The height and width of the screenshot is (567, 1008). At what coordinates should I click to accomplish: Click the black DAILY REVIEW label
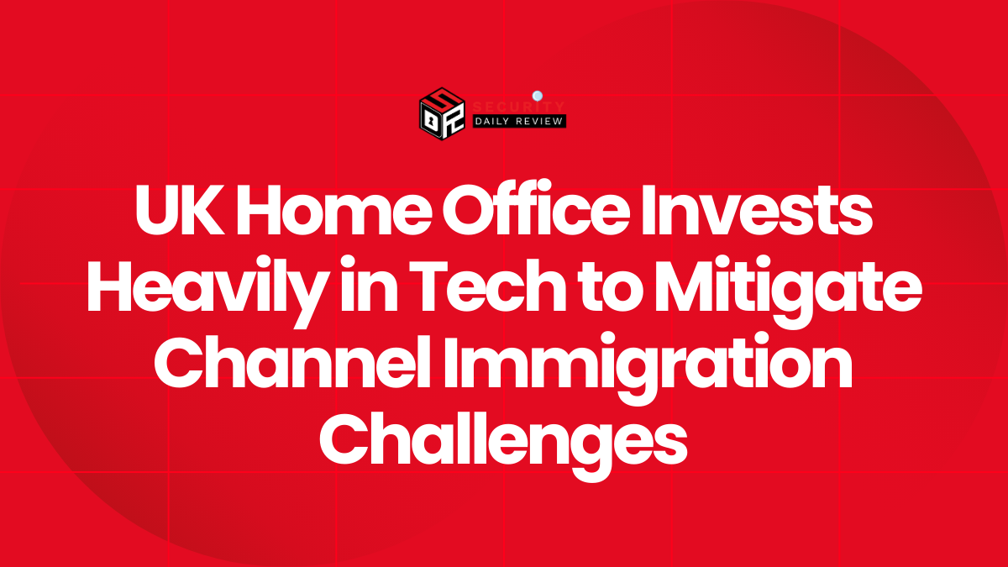519,121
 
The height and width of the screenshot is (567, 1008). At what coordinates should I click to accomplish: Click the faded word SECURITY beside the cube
519,107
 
